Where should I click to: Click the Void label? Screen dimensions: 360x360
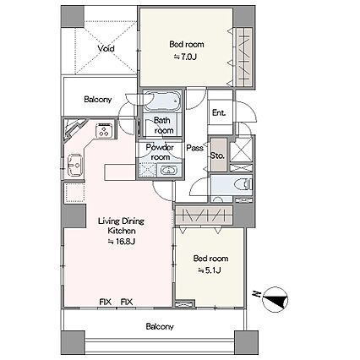106,48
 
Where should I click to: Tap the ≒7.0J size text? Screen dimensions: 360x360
185,57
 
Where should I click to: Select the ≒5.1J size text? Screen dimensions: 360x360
210,270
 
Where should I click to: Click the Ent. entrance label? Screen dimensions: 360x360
219,113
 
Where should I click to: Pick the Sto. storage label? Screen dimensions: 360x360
217,155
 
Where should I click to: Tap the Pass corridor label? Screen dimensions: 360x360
194,148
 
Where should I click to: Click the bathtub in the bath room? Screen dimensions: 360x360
162,101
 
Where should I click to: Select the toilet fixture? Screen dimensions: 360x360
244,185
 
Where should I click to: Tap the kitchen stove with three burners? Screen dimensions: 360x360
105,130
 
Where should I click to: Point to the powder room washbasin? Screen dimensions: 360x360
168,171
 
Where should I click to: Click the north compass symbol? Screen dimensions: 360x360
275,299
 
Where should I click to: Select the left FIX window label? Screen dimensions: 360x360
106,303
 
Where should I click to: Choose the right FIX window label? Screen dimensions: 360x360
127,303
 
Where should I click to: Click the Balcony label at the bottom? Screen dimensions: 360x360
160,327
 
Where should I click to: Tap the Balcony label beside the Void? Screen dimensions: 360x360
98,100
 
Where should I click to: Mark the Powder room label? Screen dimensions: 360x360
160,152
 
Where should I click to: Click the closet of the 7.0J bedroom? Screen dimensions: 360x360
244,57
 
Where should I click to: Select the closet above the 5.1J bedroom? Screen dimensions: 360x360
204,215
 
